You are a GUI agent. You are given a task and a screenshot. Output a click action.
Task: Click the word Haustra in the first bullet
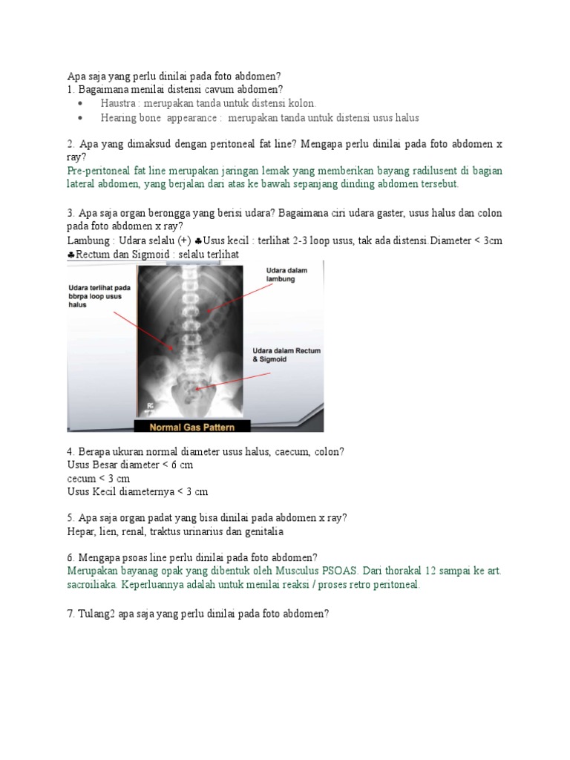point(117,103)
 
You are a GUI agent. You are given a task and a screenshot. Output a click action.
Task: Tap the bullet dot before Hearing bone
point(80,118)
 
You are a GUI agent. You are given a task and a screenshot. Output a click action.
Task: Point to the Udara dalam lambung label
point(286,275)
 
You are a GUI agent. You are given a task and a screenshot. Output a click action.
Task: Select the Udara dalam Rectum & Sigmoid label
point(286,355)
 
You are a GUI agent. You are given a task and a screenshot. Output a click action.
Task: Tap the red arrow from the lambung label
point(237,296)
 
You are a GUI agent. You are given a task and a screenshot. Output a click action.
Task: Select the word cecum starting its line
point(80,479)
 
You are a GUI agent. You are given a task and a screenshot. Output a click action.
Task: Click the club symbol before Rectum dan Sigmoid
point(71,255)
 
